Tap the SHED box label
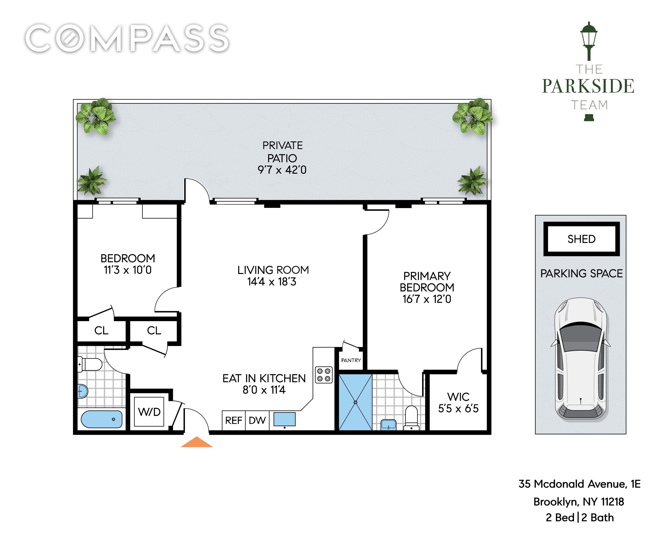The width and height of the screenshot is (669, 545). point(581,239)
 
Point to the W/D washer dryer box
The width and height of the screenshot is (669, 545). point(149,411)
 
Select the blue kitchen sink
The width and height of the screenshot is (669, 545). point(284,419)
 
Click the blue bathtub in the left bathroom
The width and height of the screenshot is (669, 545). point(101,419)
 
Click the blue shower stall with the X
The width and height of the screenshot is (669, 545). point(355,402)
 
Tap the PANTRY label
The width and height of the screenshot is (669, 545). point(351,360)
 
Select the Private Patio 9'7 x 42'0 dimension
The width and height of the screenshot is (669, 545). point(282,170)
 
